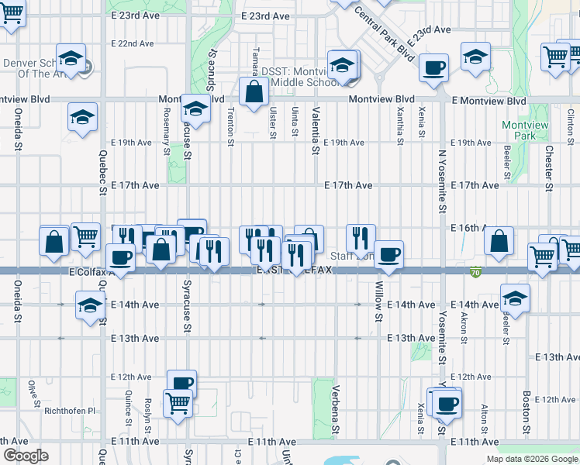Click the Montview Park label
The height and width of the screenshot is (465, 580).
[525, 130]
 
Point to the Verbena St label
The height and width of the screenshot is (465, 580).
[337, 410]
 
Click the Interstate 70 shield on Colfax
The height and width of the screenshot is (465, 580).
[475, 271]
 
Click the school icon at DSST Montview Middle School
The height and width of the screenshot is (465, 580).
[343, 64]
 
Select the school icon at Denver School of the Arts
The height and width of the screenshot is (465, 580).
[71, 58]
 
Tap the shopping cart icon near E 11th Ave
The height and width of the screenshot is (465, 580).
[178, 403]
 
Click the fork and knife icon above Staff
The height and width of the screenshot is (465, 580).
[361, 236]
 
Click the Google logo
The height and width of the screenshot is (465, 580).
[26, 456]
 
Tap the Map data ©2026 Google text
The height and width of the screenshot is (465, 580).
[531, 459]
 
